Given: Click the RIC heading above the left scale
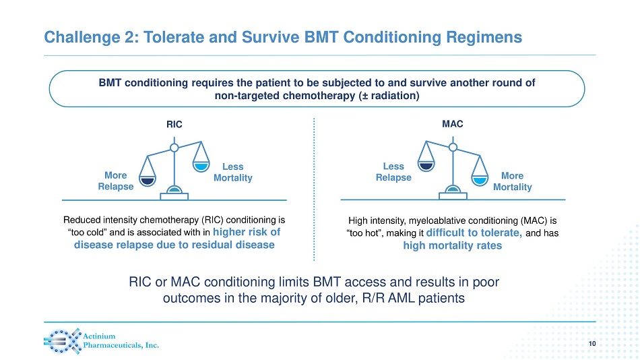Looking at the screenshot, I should [x=174, y=125].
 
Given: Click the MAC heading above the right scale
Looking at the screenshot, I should [x=453, y=124].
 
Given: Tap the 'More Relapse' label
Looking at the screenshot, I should [x=116, y=181].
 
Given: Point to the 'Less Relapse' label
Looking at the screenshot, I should [x=393, y=172].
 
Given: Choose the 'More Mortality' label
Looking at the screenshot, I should [x=512, y=181].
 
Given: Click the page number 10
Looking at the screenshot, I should [x=592, y=344].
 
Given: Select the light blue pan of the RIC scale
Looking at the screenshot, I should [x=201, y=166].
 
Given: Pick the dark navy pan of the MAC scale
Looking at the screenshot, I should [x=426, y=166].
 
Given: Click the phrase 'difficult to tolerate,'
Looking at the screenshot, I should [x=474, y=233].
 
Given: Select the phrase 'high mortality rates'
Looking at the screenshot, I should [x=452, y=245].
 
